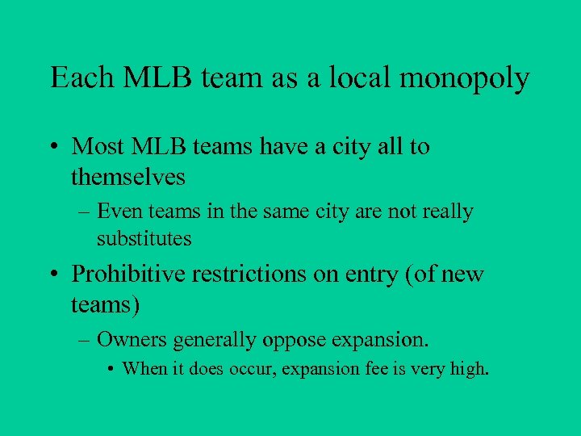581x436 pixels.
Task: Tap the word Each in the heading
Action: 77,78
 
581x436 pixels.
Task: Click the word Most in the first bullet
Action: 98,147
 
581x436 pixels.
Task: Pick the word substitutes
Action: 144,239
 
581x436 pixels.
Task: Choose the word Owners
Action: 127,341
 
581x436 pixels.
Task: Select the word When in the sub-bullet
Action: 143,370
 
